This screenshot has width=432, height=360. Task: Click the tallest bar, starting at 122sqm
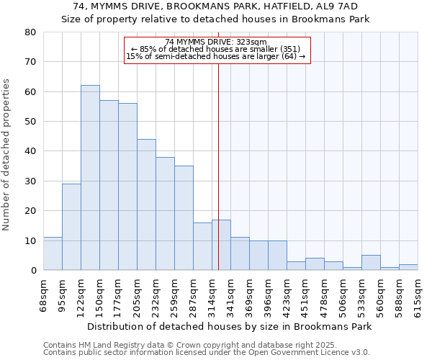point(90,178)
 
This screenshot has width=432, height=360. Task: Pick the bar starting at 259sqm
point(184,218)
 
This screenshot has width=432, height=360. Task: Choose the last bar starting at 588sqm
point(408,267)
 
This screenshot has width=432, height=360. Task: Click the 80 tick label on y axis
point(30,32)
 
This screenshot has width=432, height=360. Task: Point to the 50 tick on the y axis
point(30,122)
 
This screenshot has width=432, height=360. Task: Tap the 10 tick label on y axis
point(30,240)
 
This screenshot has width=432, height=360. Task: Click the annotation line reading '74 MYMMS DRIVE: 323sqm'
point(216,42)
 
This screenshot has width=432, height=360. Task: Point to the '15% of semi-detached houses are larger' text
point(216,56)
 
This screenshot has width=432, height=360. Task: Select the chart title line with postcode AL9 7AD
point(216,6)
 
